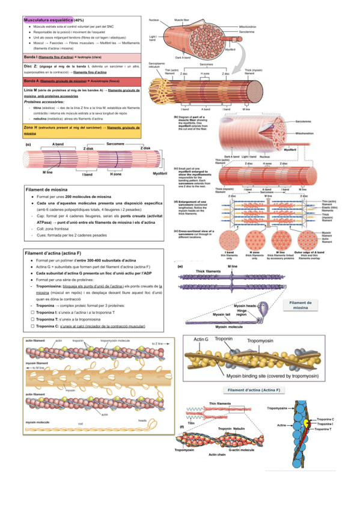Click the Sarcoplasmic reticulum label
pyautogui.click(x=156, y=64)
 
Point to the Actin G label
pyautogui.click(x=201, y=340)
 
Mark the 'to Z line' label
pyautogui.click(x=157, y=343)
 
